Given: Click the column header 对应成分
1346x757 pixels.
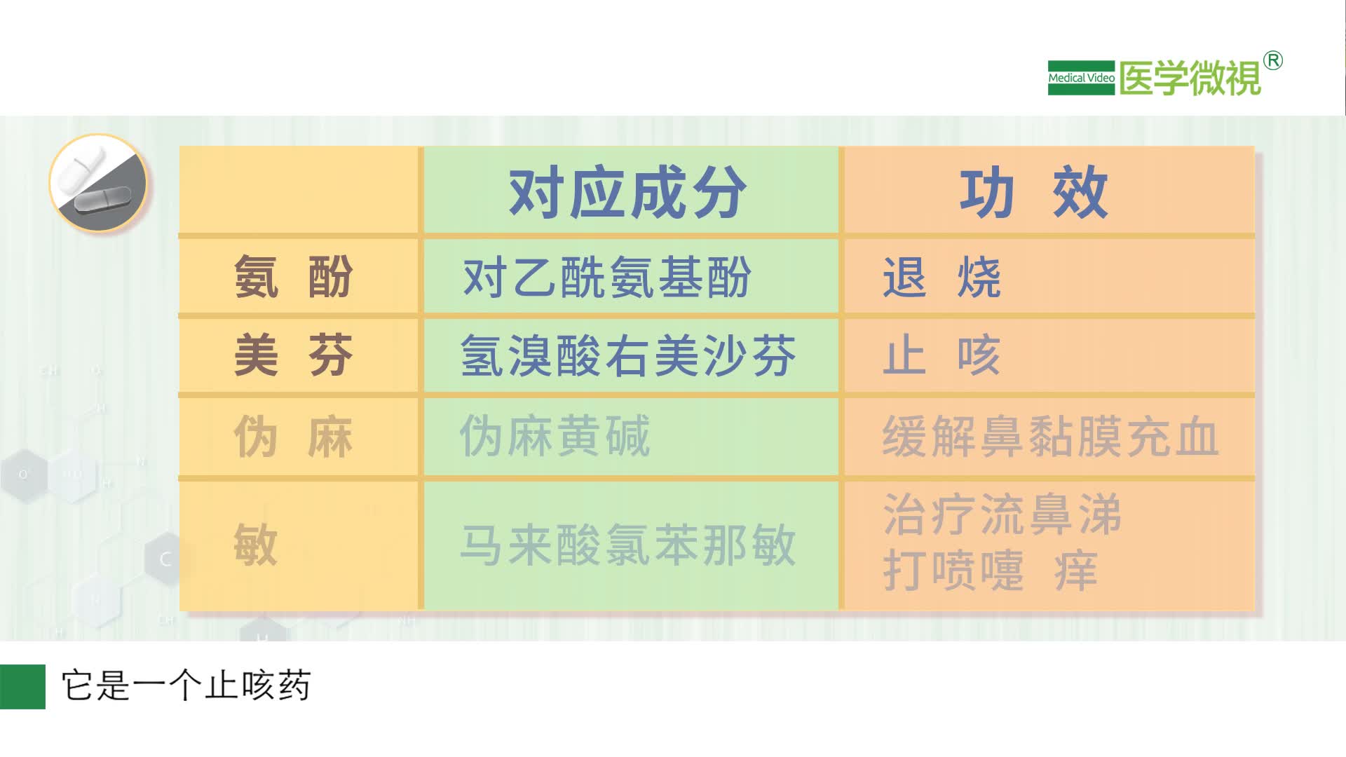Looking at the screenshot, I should click(627, 193).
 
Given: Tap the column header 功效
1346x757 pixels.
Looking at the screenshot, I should click(1033, 193).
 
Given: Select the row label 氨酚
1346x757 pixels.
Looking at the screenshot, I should click(293, 277).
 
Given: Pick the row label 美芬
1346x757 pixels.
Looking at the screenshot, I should click(293, 355).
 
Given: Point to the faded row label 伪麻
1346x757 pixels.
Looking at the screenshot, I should click(293, 437).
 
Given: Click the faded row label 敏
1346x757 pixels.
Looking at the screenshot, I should click(256, 545).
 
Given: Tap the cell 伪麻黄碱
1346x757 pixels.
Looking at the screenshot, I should click(555, 437).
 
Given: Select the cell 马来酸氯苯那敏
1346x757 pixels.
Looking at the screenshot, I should click(628, 545).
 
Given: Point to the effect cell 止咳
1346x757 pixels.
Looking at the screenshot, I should click(941, 355).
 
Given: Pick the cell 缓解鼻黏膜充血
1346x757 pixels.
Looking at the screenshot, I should click(1050, 437).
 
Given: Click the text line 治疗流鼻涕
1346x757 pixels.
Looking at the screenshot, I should click(1002, 514).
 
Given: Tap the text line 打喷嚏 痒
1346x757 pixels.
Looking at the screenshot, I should click(990, 571).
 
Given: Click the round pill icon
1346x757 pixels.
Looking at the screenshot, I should click(98, 183).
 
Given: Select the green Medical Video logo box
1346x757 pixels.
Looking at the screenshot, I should click(1081, 78).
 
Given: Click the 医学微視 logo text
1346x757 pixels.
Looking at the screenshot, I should click(1190, 78).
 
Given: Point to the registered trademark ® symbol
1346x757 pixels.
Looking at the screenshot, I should click(1273, 61).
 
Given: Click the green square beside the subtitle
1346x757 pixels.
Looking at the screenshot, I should click(22, 686).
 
